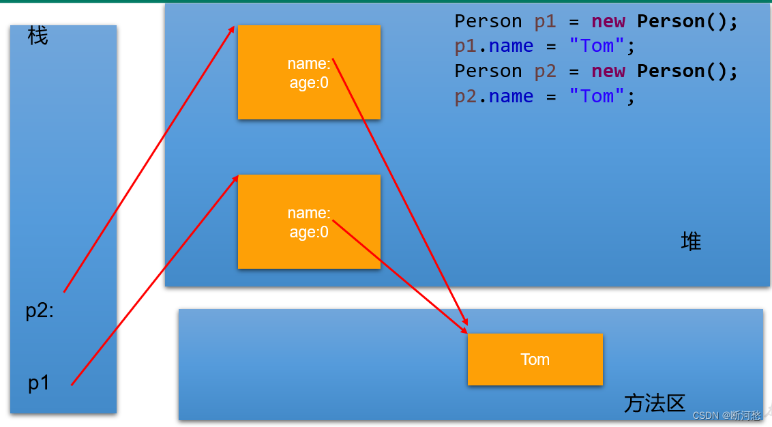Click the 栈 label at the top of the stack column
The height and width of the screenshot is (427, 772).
tap(38, 36)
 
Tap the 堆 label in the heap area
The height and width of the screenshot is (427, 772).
tap(691, 241)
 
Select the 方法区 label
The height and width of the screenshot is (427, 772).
tap(654, 403)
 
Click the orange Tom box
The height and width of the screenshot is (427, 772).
tap(535, 359)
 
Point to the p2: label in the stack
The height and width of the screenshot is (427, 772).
tap(40, 311)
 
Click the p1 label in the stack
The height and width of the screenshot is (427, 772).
tap(39, 384)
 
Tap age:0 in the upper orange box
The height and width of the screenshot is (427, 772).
tap(309, 83)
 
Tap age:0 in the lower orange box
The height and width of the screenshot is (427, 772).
tap(309, 232)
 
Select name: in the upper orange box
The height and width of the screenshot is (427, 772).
tap(309, 64)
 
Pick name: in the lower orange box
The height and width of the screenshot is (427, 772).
tap(309, 213)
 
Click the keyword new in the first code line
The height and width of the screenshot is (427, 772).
tap(608, 22)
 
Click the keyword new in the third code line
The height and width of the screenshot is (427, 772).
tap(608, 72)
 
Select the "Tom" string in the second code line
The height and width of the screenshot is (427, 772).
tap(597, 46)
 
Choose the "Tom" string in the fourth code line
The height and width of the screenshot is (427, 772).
tap(597, 97)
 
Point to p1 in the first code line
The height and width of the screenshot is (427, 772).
tap(546, 22)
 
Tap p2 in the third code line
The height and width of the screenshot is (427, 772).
tap(546, 72)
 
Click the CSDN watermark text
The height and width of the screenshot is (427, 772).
tap(726, 415)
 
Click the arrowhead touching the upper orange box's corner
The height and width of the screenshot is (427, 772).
tap(233, 29)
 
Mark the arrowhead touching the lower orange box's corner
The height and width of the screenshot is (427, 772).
tap(236, 177)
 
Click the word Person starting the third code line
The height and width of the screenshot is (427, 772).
tap(488, 72)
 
